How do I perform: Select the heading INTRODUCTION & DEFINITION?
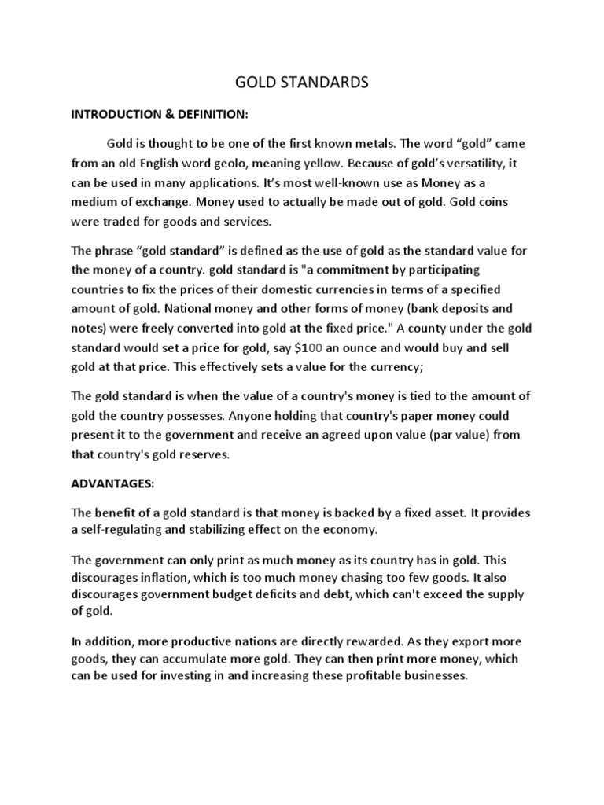tap(160, 114)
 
